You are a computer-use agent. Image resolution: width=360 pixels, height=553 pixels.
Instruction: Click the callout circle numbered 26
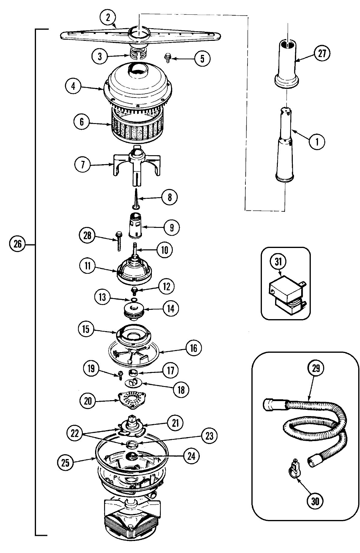pos(17,244)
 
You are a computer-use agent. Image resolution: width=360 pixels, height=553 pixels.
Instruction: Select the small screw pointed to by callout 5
pos(167,58)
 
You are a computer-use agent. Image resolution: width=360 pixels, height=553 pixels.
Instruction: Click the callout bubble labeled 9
pos(171,227)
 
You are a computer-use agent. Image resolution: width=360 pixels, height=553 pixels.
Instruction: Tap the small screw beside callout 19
pos(121,374)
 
